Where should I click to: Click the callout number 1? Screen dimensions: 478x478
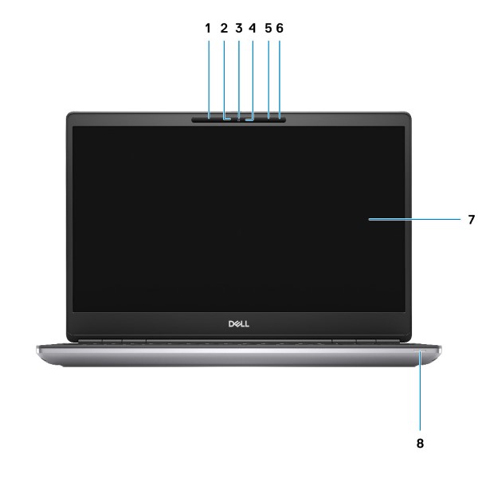click(x=208, y=29)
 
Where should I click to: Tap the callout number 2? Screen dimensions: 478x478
click(x=224, y=29)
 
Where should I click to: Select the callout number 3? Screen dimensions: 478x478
click(x=239, y=29)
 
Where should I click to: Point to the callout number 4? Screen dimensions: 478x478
click(x=252, y=29)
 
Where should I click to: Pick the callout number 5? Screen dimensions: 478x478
click(x=268, y=29)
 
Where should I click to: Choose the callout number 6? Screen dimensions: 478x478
click(x=280, y=29)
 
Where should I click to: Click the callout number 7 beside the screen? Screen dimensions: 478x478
click(x=472, y=220)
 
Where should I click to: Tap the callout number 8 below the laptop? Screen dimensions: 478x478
click(x=420, y=443)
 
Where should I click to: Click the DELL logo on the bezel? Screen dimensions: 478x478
click(x=239, y=323)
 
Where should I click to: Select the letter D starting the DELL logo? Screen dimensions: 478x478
click(x=231, y=323)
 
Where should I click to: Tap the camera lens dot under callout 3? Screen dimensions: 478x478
click(x=239, y=119)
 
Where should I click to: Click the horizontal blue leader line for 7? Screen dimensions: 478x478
click(x=414, y=219)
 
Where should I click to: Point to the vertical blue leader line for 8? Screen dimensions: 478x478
click(x=420, y=390)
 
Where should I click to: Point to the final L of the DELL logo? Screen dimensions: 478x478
click(x=247, y=323)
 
